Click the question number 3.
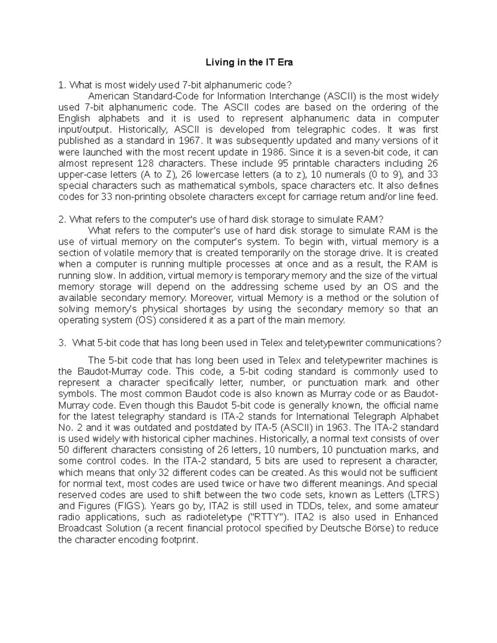[62, 343]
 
